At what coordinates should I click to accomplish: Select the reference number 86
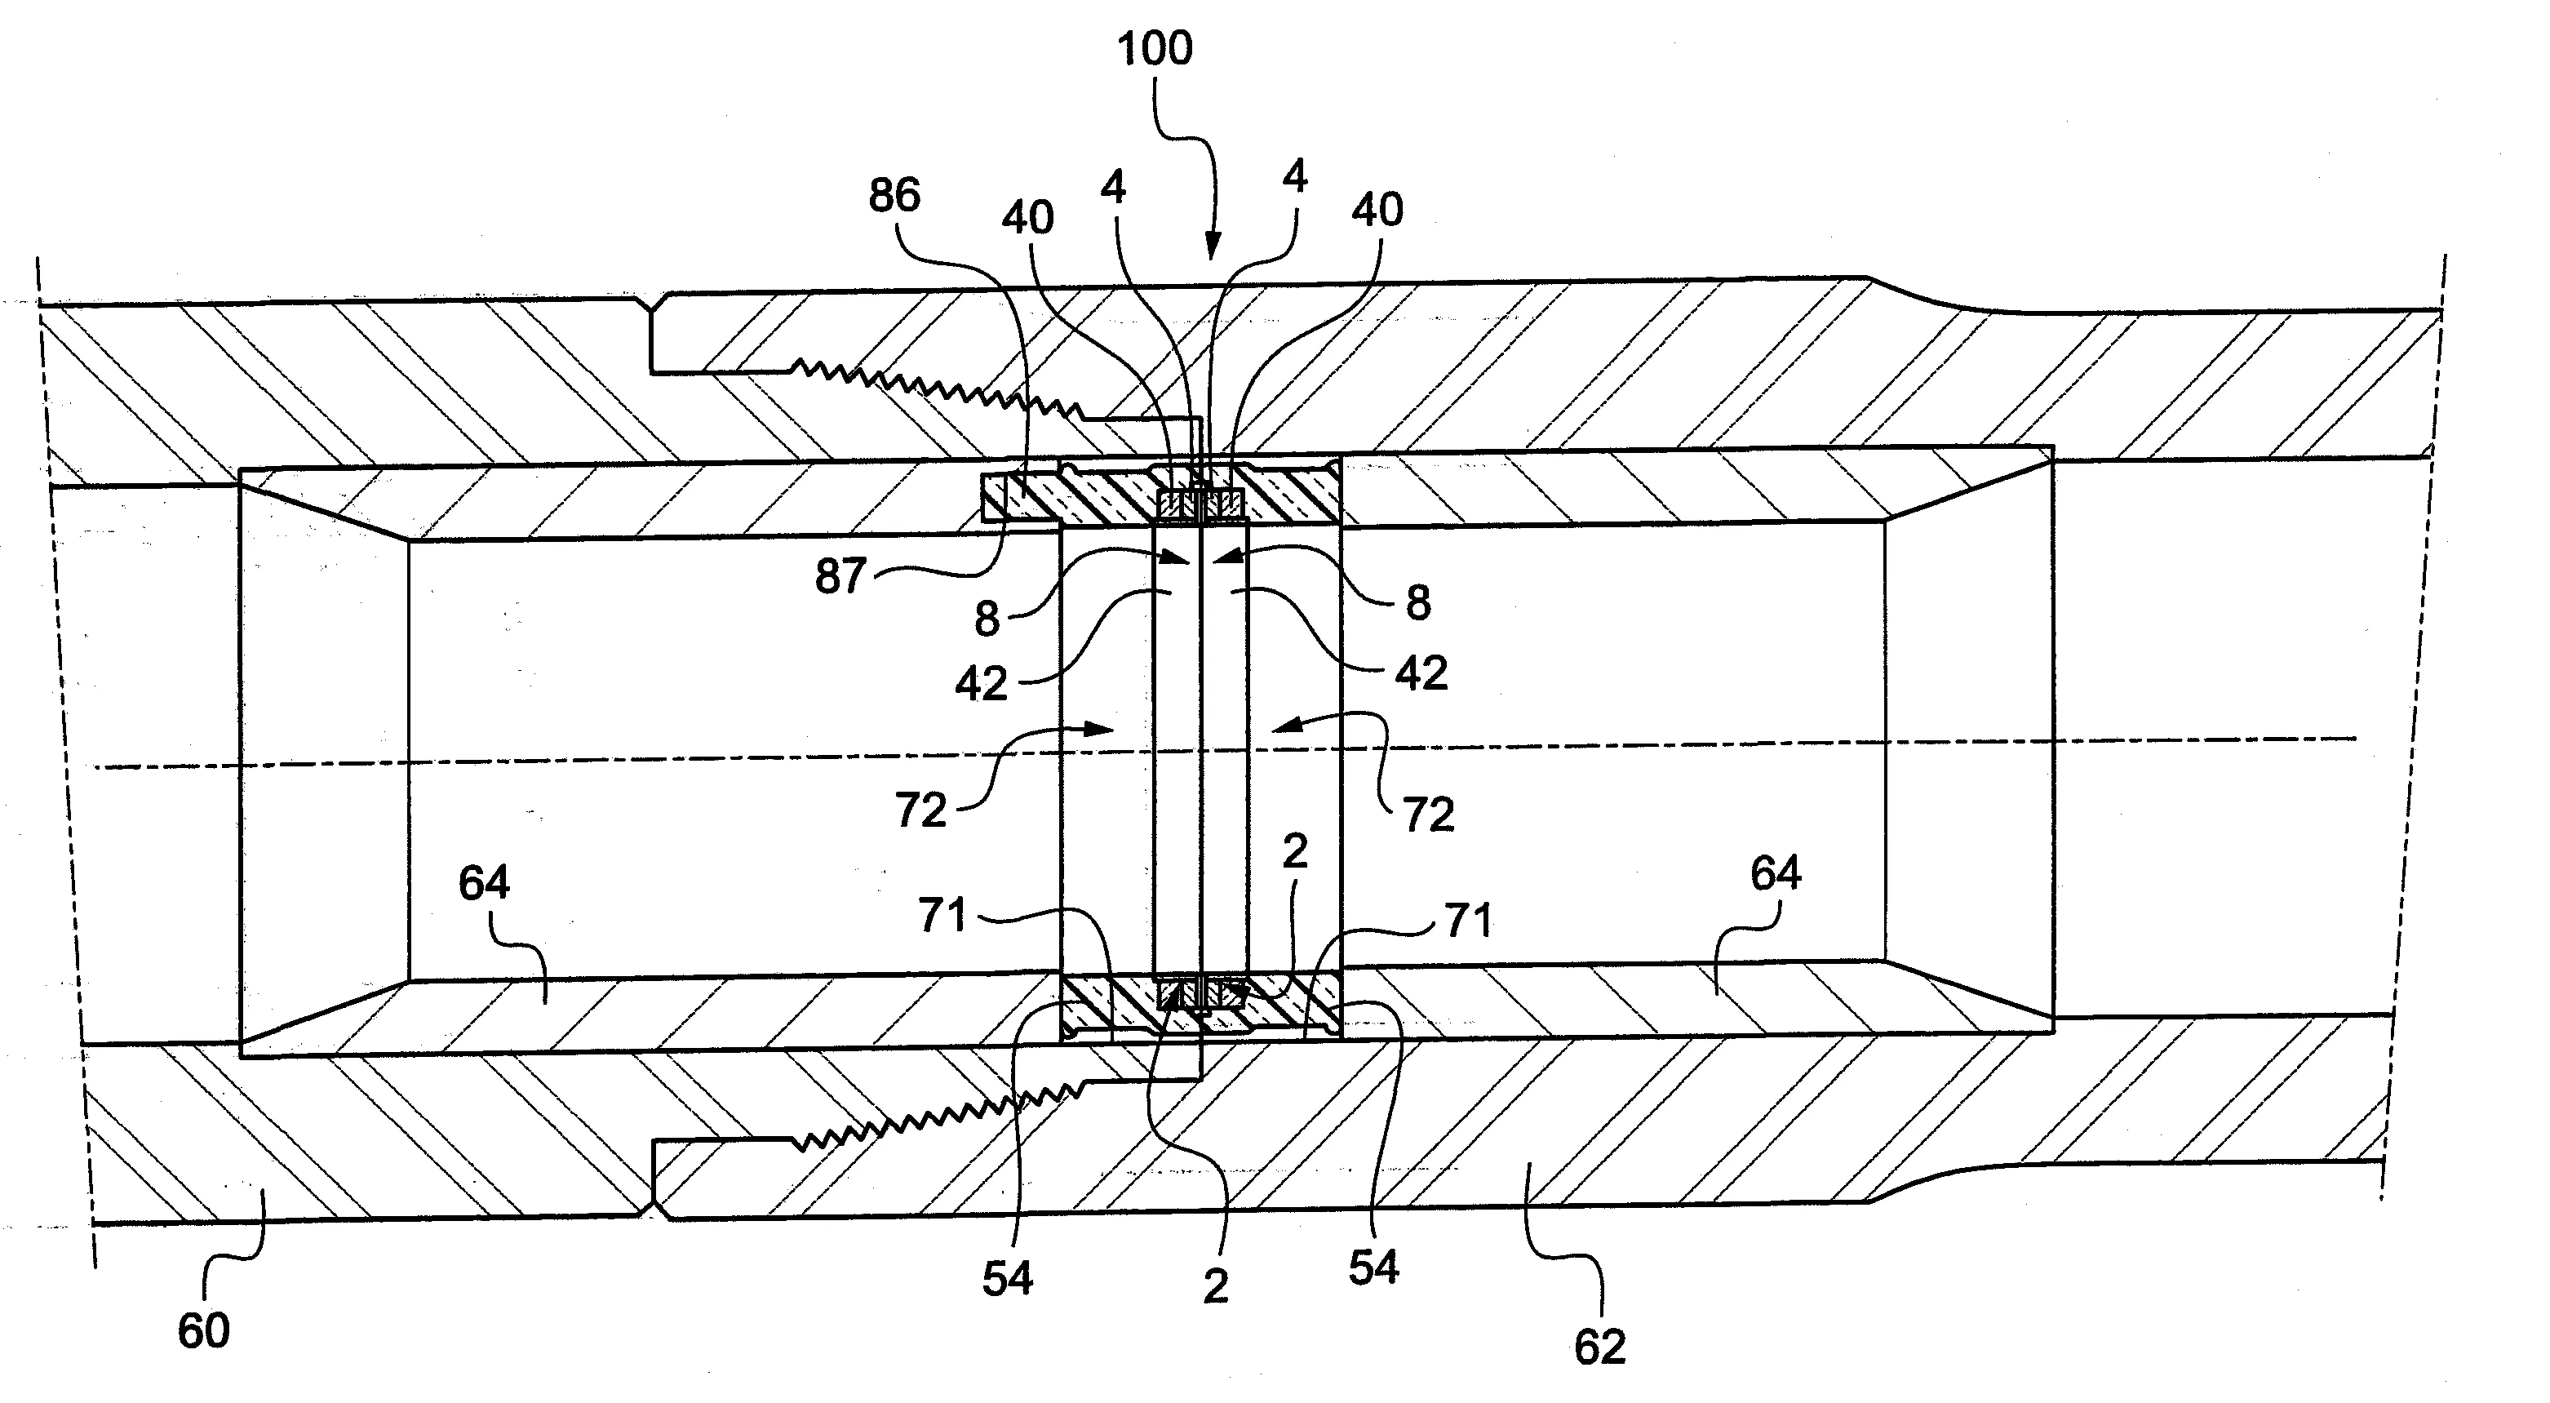[x=894, y=195]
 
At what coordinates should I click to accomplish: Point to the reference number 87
[x=840, y=575]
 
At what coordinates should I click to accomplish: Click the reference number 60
[x=204, y=1330]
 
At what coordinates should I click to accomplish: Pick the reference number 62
[x=1599, y=1348]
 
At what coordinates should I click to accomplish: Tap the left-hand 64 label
[x=484, y=882]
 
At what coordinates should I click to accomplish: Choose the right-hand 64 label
[x=1776, y=873]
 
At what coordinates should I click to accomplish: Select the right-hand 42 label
[x=1421, y=673]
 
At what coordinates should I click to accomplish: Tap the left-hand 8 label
[x=987, y=619]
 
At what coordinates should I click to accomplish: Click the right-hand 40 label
[x=1377, y=210]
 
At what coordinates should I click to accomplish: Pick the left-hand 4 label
[x=1114, y=187]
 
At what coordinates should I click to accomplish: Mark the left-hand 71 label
[x=942, y=915]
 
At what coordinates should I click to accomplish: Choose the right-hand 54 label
[x=1373, y=1268]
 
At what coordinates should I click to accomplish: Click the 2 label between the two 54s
[x=1216, y=1286]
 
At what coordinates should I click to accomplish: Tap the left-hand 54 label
[x=1008, y=1279]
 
